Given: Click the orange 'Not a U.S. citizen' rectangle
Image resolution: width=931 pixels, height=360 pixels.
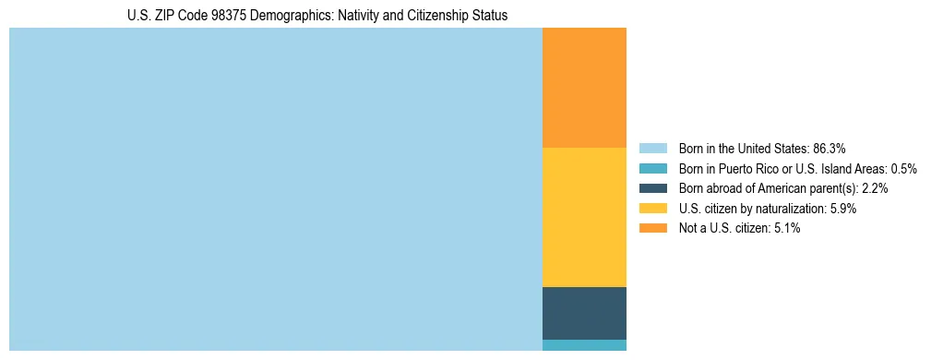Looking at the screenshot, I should (584, 88).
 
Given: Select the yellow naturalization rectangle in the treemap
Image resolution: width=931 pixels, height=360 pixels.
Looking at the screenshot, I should (584, 217).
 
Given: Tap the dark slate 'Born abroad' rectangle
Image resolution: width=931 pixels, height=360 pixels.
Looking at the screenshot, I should (584, 313).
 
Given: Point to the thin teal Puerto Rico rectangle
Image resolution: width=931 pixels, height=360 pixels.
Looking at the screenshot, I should (584, 345).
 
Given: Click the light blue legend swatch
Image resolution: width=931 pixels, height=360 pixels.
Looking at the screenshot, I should (652, 149).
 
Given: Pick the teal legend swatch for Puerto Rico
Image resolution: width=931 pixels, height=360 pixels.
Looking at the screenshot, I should (652, 169).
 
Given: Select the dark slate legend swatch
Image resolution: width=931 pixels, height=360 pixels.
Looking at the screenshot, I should (652, 188).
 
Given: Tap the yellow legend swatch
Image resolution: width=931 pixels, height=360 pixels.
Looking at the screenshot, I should (652, 209).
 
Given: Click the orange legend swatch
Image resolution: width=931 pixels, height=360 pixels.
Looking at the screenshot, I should (652, 228).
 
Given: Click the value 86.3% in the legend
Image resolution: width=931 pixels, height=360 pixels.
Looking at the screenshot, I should (829, 149).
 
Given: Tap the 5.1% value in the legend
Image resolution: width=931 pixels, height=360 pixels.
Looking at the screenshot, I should (785, 228).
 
